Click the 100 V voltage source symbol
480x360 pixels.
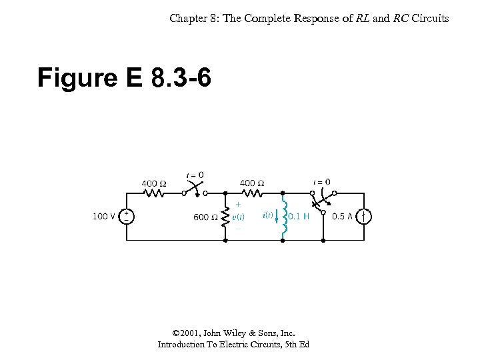(127, 217)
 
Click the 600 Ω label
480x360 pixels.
(206, 217)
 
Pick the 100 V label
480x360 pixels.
(104, 217)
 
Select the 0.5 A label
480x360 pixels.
(343, 217)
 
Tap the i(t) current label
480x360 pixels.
(267, 215)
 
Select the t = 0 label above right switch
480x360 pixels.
(321, 181)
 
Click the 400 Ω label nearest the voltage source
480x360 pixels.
(154, 183)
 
